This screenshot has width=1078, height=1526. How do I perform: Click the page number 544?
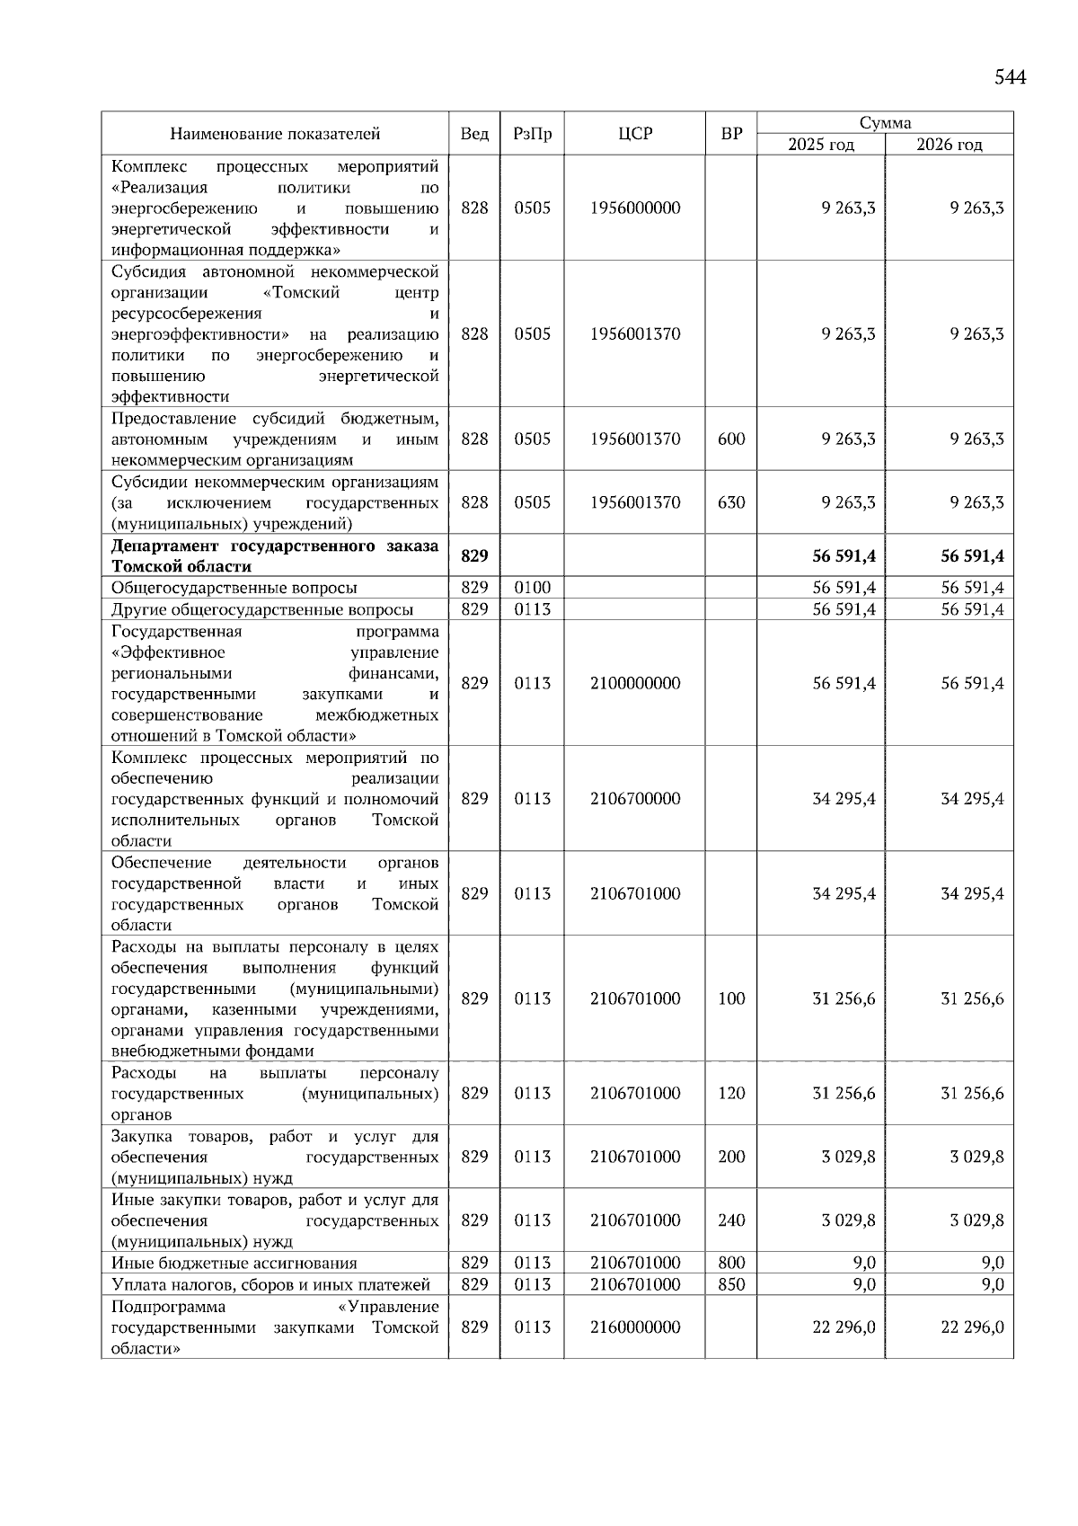[x=1010, y=77]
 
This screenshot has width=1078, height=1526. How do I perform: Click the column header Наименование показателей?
[x=275, y=134]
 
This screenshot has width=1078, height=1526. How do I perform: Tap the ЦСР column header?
[x=635, y=134]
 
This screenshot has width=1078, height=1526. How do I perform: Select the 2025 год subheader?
[x=820, y=145]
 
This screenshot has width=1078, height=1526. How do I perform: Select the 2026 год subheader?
[x=949, y=145]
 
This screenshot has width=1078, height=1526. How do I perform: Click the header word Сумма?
[x=885, y=123]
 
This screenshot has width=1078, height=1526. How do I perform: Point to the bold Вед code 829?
[x=474, y=556]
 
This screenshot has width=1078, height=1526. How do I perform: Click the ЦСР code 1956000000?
[x=635, y=208]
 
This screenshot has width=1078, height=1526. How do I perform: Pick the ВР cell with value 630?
[x=731, y=502]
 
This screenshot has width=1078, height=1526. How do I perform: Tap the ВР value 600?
[x=731, y=439]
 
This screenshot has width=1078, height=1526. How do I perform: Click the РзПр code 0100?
[x=532, y=588]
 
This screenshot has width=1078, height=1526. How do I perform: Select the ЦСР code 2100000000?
[x=635, y=683]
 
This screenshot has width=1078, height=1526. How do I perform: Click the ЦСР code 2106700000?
[x=635, y=799]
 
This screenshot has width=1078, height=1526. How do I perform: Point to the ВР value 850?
[x=731, y=1284]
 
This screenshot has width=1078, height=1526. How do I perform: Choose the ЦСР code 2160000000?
[x=635, y=1327]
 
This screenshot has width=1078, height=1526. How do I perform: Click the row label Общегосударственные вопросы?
[x=234, y=588]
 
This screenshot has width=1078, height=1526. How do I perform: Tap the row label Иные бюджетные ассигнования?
[x=234, y=1263]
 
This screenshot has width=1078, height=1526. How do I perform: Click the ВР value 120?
[x=731, y=1094]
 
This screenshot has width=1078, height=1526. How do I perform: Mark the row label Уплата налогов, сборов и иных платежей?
[x=270, y=1284]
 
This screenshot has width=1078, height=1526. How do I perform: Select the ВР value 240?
[x=731, y=1220]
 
